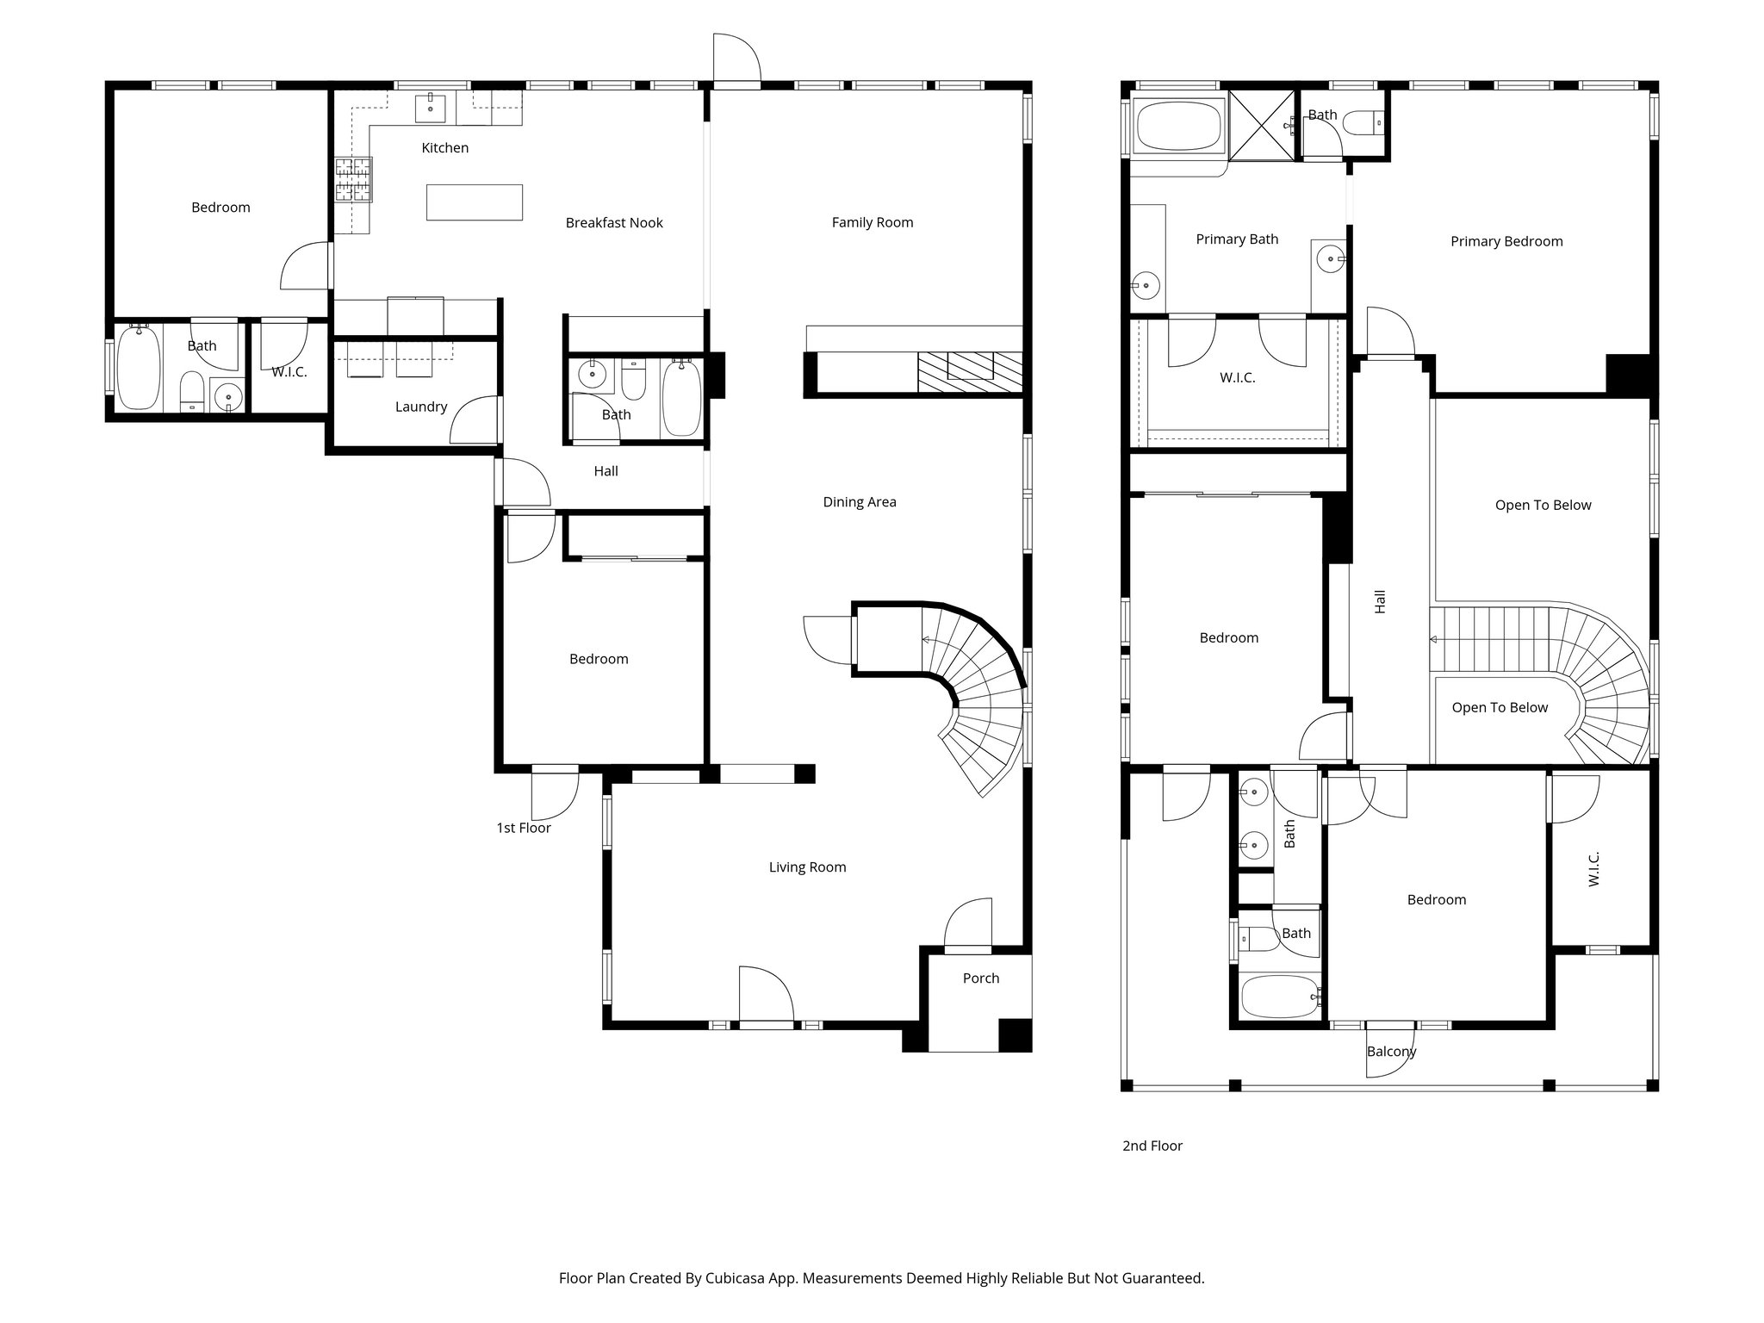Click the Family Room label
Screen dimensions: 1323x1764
pyautogui.click(x=872, y=222)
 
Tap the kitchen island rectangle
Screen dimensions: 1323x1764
pyautogui.click(x=474, y=202)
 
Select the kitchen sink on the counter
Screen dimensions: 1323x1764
pyautogui.click(x=431, y=109)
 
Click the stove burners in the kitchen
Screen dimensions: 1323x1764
pyautogui.click(x=354, y=179)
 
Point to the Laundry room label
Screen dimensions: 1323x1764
pyautogui.click(x=420, y=407)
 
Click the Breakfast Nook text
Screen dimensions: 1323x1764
pyautogui.click(x=614, y=223)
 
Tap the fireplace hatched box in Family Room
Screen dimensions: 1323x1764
pyautogui.click(x=969, y=372)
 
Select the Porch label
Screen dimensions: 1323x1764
pyautogui.click(x=980, y=978)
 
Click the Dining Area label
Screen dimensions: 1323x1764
pyautogui.click(x=859, y=502)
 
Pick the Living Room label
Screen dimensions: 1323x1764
pyautogui.click(x=807, y=867)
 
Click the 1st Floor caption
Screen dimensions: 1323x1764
pyautogui.click(x=523, y=828)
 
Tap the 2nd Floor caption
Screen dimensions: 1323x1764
pyautogui.click(x=1152, y=1146)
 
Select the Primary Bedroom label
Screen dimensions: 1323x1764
pyautogui.click(x=1506, y=241)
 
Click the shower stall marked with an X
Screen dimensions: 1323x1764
pyautogui.click(x=1261, y=126)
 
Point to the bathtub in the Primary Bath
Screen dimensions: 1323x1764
pyautogui.click(x=1178, y=127)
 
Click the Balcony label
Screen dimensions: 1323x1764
pyautogui.click(x=1391, y=1052)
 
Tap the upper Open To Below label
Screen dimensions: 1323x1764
pyautogui.click(x=1543, y=506)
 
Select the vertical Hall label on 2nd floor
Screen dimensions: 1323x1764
pyautogui.click(x=1380, y=601)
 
